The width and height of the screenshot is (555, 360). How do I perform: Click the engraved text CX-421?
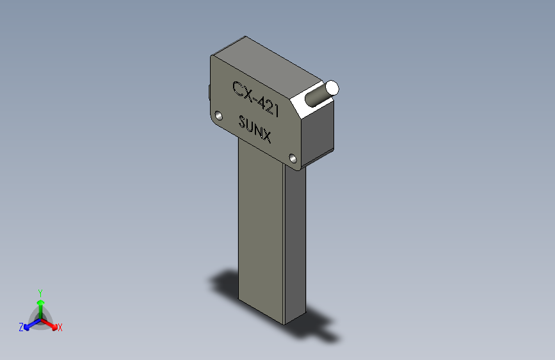click(x=255, y=99)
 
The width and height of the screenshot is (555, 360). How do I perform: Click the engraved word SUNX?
click(x=255, y=129)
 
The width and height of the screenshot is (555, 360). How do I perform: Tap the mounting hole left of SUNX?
click(x=218, y=116)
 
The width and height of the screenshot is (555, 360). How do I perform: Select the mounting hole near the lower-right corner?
click(x=293, y=158)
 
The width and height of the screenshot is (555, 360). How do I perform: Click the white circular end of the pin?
click(x=332, y=88)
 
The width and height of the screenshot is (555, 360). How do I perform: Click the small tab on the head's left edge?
click(x=209, y=93)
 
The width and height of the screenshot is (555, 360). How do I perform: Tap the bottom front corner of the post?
click(x=284, y=320)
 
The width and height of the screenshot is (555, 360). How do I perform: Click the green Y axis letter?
click(x=40, y=291)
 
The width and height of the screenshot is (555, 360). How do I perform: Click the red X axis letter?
click(x=60, y=328)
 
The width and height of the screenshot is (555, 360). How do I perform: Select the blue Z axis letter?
click(x=21, y=327)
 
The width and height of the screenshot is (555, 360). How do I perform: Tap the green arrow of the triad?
click(x=40, y=304)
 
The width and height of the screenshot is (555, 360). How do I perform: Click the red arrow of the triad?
click(x=51, y=323)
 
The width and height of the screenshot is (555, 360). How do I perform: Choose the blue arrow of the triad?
click(x=29, y=323)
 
